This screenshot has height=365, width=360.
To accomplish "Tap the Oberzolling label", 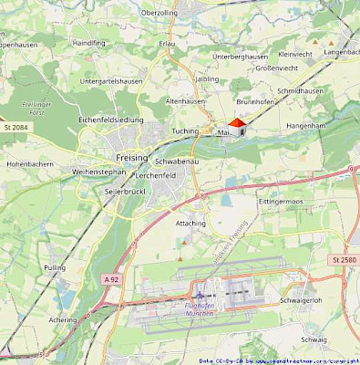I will [x=159, y=13].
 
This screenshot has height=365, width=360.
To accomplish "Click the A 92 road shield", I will [x=111, y=278].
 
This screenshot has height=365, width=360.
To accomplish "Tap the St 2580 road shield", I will [x=343, y=260].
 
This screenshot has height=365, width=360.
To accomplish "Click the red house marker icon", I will [x=236, y=128].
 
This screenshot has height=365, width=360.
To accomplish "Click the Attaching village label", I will [x=190, y=223].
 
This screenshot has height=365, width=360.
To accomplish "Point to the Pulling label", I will [x=55, y=267].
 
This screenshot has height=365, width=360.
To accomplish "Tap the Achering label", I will [x=63, y=320].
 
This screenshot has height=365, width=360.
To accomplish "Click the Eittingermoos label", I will [x=280, y=199].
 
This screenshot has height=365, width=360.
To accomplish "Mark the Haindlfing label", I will [x=89, y=43].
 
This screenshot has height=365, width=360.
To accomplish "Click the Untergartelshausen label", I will [x=111, y=81].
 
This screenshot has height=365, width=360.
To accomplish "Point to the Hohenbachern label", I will [x=31, y=164].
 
